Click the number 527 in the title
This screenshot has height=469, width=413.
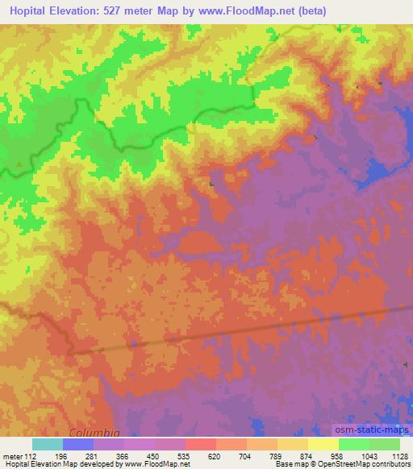pyautogui.click(x=124, y=10)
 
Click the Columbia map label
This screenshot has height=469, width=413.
pyautogui.click(x=95, y=431)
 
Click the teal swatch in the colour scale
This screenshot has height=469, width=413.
pyautogui.click(x=47, y=444)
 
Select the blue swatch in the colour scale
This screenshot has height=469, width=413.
pyautogui.click(x=77, y=444)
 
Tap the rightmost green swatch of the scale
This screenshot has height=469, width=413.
pyautogui.click(x=385, y=444)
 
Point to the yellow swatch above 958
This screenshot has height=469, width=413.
pyautogui.click(x=323, y=444)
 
